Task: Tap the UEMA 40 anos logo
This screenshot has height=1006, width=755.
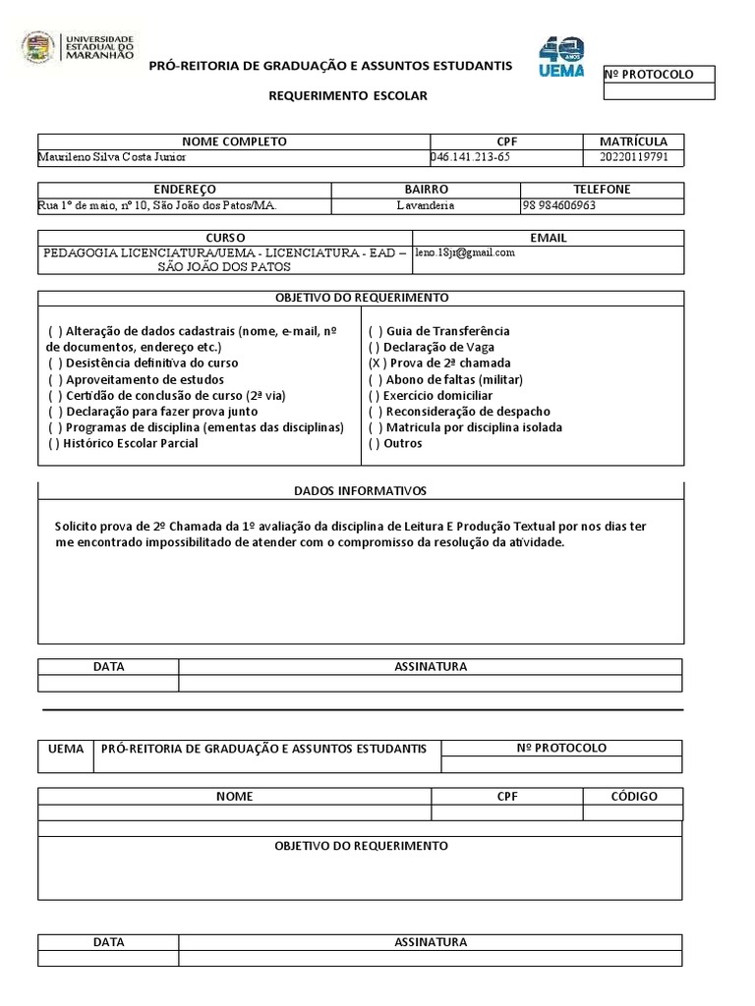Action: coord(561,57)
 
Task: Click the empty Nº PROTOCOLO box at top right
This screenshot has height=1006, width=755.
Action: coord(659,91)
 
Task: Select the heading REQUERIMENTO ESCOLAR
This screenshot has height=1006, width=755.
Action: coord(349,95)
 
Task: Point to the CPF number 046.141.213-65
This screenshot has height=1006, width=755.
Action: coord(471,157)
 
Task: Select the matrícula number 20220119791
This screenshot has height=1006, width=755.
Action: coord(633,157)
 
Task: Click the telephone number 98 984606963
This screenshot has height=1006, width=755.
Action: coord(559,206)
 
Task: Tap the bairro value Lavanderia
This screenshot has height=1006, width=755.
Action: coord(426,206)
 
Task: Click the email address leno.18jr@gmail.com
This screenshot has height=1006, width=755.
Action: coord(465,252)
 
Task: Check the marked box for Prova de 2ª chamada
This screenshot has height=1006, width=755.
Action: coord(375,363)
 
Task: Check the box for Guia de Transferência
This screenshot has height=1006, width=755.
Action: coord(375,332)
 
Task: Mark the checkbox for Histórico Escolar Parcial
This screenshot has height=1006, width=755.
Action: coord(53,444)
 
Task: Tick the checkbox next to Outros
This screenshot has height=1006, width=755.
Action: coord(374,444)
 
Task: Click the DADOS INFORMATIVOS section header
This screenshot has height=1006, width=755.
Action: coord(360,491)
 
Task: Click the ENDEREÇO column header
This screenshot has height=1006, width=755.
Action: coord(185,190)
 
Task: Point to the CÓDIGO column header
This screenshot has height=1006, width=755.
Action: coord(633,797)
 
